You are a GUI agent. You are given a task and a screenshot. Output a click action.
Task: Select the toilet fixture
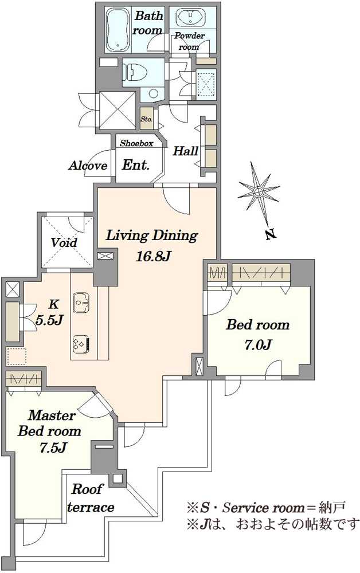click(x=135, y=71)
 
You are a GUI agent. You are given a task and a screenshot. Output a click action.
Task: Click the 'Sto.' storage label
click(x=147, y=119)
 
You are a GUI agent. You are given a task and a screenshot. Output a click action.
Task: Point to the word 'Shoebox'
click(x=136, y=143)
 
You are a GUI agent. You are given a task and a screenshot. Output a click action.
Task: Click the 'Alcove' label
click(x=88, y=166)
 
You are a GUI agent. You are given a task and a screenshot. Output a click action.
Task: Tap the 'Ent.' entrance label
click(x=136, y=165)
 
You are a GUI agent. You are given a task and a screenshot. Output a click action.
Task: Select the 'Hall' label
click(x=186, y=151)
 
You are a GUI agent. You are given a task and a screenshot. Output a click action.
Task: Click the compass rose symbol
click(x=258, y=192)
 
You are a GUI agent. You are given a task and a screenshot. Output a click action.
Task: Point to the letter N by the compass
click(x=270, y=234)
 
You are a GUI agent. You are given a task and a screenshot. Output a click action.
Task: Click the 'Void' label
click(x=64, y=242)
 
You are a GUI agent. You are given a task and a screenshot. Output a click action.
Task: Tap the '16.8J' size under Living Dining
click(x=154, y=256)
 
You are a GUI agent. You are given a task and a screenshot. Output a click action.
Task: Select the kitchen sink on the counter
click(x=81, y=302)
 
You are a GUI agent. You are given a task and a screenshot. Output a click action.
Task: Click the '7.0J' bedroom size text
click(x=257, y=344)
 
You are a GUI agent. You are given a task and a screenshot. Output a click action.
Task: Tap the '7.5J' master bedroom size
click(x=52, y=448)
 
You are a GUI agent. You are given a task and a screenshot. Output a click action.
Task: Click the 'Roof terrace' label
click(x=90, y=498)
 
